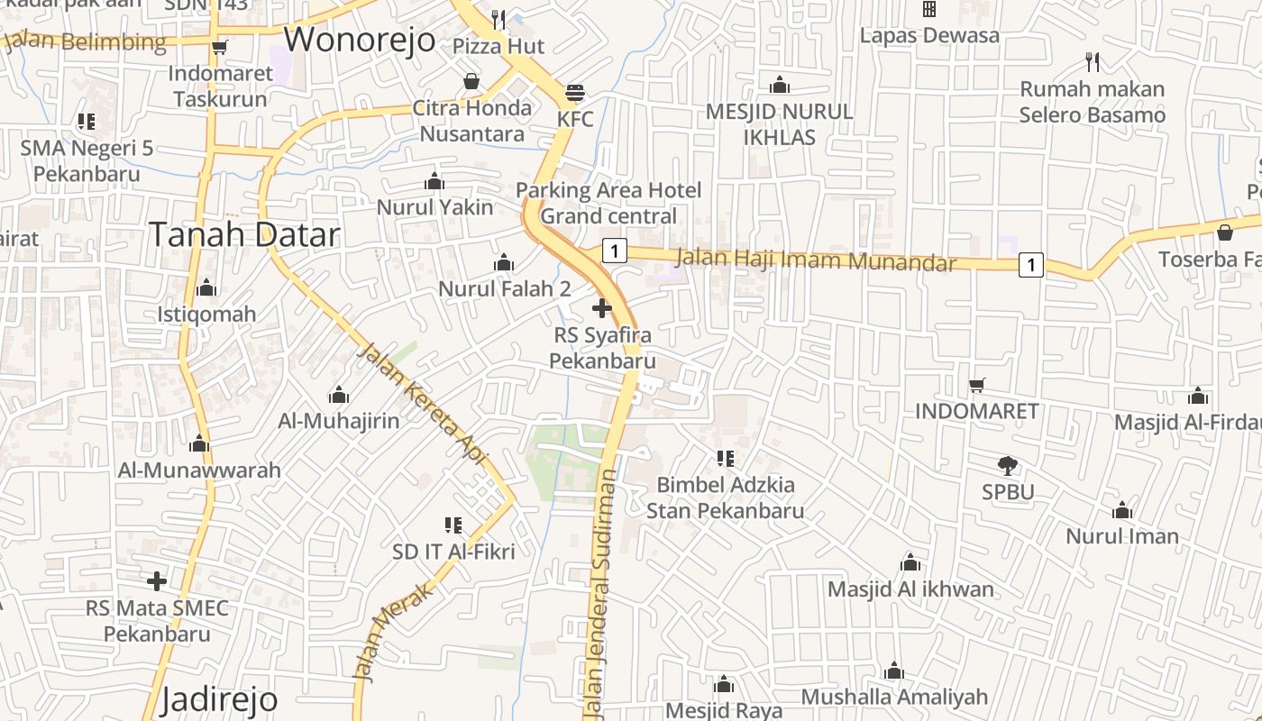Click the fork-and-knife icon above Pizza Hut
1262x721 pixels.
[498, 18]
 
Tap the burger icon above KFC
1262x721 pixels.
[575, 92]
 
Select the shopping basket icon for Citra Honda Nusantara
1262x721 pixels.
[471, 82]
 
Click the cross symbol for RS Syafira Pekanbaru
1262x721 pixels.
[602, 309]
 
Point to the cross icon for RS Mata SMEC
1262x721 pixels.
[157, 581]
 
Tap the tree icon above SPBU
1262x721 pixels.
[1008, 466]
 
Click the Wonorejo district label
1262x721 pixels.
[360, 41]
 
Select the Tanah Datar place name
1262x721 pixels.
[244, 234]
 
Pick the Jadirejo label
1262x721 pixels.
[219, 699]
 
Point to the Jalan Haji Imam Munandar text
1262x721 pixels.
[816, 260]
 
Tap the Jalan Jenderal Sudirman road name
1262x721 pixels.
[602, 595]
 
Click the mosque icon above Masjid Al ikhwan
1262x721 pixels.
[910, 563]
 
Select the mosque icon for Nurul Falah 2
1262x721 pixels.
[504, 262]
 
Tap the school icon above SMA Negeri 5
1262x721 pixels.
[87, 121]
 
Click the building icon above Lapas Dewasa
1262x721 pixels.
[929, 9]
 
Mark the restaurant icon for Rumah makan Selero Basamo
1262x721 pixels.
[1093, 62]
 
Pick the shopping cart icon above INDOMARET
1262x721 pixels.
[977, 385]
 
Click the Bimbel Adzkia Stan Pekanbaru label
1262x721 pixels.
[725, 498]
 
